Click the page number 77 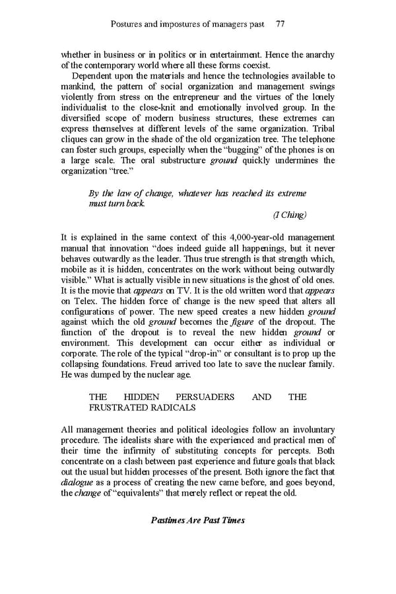point(280,24)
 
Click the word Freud point(156,364)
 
